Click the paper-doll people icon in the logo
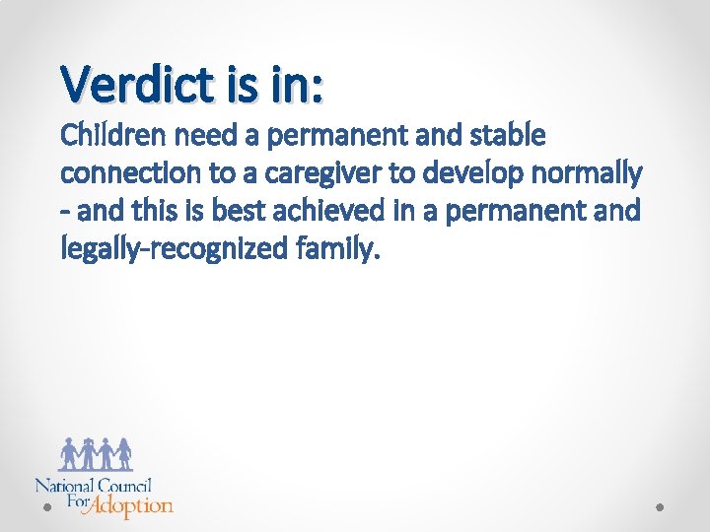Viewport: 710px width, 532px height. (96, 453)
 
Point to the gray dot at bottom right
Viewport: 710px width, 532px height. (662, 507)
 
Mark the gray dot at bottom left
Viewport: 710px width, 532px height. (46, 507)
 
